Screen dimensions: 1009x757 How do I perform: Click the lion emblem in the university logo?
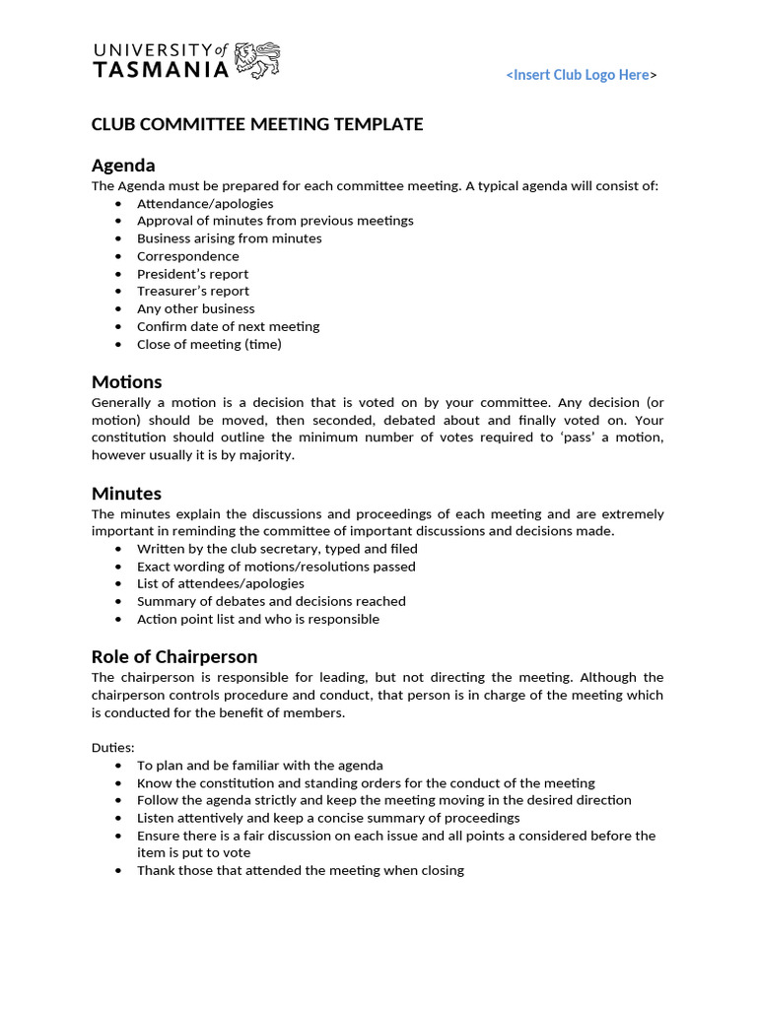[x=258, y=60]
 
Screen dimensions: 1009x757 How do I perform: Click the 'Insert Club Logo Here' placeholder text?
[x=581, y=75]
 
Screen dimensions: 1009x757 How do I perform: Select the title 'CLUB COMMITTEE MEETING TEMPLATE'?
[x=257, y=124]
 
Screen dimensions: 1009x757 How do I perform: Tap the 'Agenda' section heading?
[x=123, y=165]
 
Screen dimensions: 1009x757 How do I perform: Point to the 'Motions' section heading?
[x=126, y=381]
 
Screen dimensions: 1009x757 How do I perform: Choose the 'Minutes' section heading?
[x=126, y=493]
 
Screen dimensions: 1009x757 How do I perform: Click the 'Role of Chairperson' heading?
[x=174, y=656]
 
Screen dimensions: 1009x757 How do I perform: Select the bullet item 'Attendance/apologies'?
[x=205, y=203]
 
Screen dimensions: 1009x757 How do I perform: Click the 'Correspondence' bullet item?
[x=187, y=256]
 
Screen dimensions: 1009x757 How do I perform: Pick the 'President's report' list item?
[x=192, y=274]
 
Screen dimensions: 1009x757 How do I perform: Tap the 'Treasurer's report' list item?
[x=193, y=291]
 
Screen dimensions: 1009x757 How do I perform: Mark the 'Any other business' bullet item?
[x=195, y=308]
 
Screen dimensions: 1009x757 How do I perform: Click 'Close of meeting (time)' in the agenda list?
[x=209, y=344]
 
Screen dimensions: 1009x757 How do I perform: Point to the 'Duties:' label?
[x=113, y=748]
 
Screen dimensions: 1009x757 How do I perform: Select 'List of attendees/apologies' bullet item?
[x=220, y=583]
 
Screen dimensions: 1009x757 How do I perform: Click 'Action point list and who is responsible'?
[x=257, y=619]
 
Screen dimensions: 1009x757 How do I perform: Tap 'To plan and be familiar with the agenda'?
[x=259, y=765]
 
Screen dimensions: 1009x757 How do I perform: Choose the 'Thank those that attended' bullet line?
[x=300, y=870]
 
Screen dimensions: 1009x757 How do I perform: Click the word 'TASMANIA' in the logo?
[x=161, y=70]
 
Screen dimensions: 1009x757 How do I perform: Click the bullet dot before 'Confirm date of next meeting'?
[x=119, y=326]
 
